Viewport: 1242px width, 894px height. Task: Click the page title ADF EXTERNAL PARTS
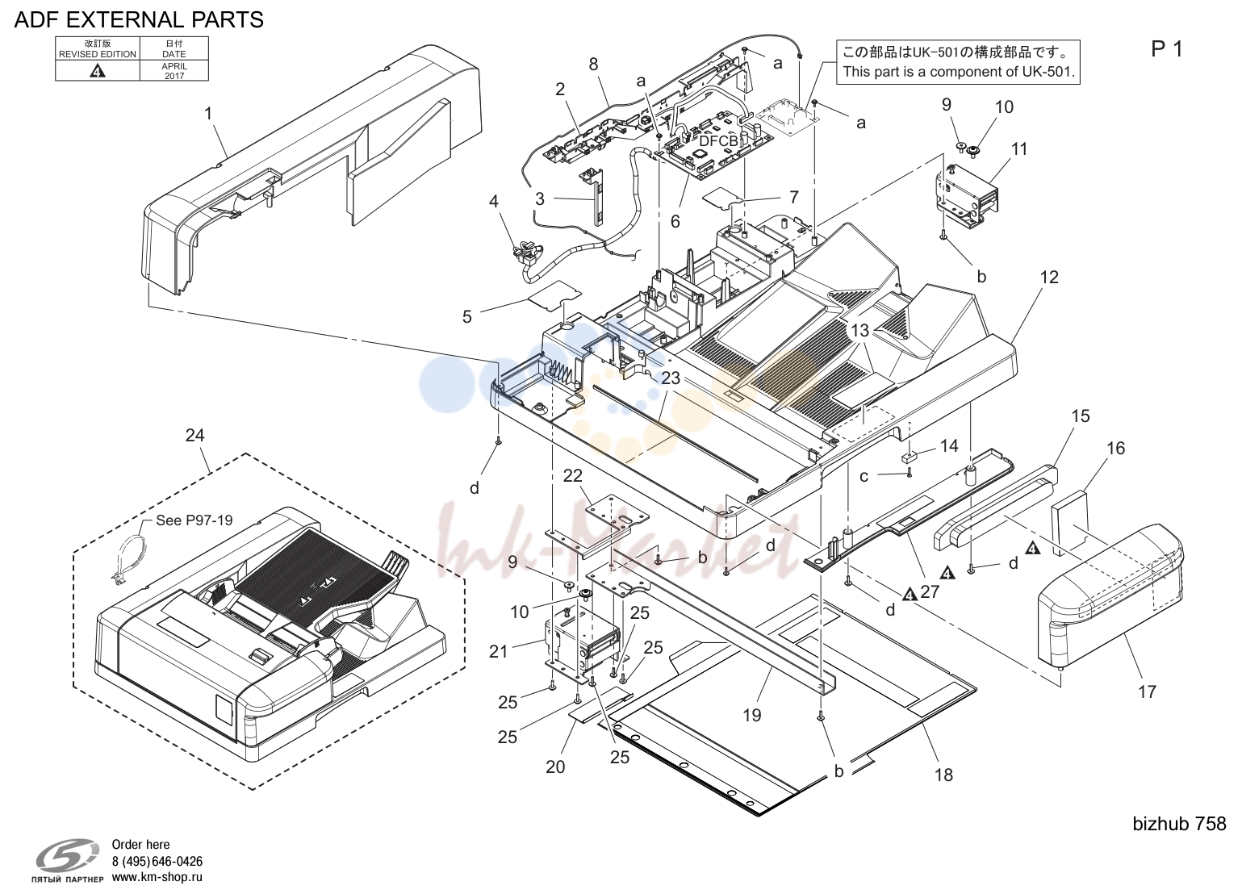139,20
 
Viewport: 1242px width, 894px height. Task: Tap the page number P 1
1167,49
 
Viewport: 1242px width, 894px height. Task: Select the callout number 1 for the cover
208,114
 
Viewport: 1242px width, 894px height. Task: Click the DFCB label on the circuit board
718,141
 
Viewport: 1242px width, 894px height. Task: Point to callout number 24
194,435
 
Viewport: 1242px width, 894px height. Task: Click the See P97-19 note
194,520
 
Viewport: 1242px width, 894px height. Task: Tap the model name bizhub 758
1179,824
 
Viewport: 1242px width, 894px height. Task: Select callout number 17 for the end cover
1148,691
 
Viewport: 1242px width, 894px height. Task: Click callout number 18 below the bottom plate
943,775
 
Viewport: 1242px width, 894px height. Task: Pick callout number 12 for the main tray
1049,277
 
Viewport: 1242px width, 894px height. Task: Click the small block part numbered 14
909,457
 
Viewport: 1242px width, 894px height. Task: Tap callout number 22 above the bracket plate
573,475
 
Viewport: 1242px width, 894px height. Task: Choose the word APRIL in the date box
174,66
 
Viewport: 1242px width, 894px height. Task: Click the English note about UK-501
959,72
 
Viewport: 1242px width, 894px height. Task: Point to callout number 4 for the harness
493,201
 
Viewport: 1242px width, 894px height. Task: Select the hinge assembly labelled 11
967,198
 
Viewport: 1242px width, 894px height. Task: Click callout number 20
555,767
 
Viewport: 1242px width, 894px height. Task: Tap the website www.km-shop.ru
157,877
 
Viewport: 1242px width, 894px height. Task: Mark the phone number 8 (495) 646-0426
157,861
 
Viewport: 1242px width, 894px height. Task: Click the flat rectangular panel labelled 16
1069,522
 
